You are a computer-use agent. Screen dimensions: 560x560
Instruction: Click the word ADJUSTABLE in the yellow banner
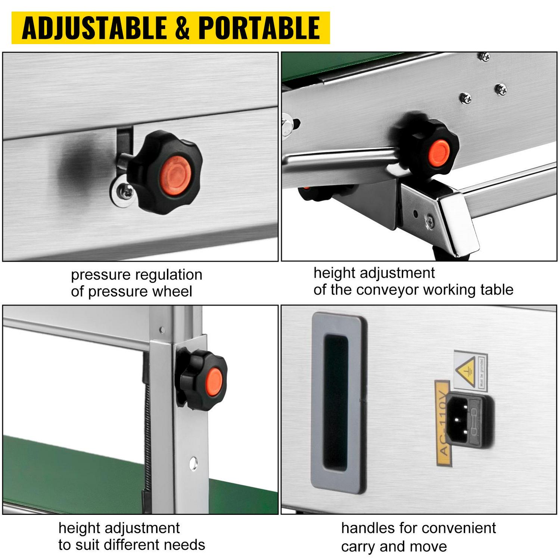coord(94,28)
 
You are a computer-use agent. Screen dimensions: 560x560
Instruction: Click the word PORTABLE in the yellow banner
coord(259,28)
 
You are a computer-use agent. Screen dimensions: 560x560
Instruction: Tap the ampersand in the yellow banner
coord(182,28)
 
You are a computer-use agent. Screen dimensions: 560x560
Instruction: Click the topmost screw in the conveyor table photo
coord(484,56)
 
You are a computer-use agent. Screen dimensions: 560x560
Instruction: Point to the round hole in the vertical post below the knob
coord(193,463)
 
